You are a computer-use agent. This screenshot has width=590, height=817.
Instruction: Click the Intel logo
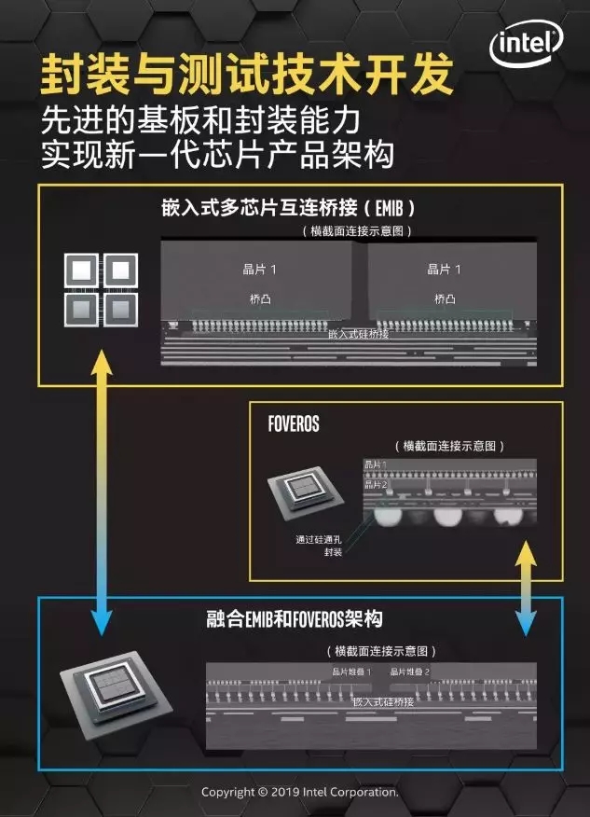(528, 44)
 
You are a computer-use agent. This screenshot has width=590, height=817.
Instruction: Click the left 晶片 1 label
(260, 270)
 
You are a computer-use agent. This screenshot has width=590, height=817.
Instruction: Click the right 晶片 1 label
(445, 270)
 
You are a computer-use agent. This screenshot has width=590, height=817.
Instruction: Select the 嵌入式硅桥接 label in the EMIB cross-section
(359, 334)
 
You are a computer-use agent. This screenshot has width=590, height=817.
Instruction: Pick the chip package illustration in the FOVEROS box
(304, 494)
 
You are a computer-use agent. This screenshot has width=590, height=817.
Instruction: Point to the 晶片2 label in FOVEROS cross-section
(376, 484)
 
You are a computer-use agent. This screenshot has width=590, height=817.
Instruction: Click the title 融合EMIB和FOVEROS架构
(294, 619)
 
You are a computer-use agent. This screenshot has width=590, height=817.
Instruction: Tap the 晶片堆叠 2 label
(410, 672)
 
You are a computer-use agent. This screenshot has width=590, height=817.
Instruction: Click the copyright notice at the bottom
(300, 792)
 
